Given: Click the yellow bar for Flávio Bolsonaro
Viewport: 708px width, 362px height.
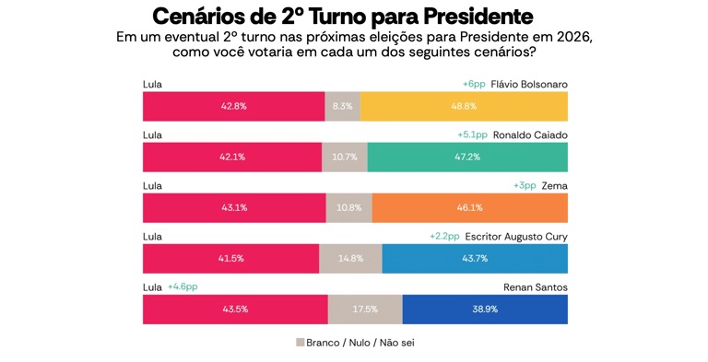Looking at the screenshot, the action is (464, 107).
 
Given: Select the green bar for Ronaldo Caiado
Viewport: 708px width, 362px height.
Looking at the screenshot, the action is (467, 158).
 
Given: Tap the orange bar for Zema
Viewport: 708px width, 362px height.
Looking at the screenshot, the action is (469, 207).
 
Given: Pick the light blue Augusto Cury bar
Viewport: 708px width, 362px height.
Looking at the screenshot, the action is (475, 259).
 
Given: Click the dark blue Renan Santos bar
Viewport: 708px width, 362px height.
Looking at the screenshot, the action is (485, 309).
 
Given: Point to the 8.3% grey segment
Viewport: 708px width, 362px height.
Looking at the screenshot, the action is (342, 107).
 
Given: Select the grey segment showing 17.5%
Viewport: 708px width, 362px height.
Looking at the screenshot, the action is (365, 309).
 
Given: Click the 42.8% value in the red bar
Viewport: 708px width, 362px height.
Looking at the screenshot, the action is (234, 107).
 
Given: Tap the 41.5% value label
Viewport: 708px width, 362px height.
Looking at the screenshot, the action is (230, 259).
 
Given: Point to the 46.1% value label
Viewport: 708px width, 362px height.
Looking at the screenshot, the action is (469, 207).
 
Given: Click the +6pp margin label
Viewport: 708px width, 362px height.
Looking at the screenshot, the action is (474, 85).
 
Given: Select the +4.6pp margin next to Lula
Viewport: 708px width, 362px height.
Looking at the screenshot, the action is (183, 287).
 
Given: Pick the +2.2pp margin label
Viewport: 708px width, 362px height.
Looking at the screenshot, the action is (444, 237).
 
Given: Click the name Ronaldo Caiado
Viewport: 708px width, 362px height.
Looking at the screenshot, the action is (530, 135).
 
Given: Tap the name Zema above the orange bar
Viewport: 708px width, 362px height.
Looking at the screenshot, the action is (554, 185).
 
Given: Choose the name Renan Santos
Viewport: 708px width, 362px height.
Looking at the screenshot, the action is (536, 287).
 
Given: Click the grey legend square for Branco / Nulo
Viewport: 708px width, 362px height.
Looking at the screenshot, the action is (301, 342).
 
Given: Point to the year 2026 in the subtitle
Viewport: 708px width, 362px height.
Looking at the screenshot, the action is (573, 37).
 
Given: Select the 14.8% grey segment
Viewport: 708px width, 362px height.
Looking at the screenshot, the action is (350, 259).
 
